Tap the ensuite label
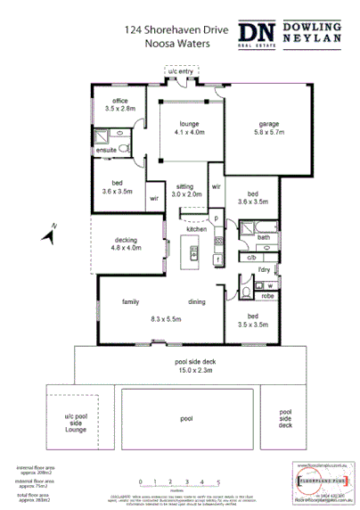[106, 151]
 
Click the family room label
[132, 303]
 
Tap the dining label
[197, 303]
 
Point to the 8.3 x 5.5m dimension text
[167, 318]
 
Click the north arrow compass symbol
[54, 234]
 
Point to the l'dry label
[264, 269]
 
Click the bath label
[264, 238]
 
